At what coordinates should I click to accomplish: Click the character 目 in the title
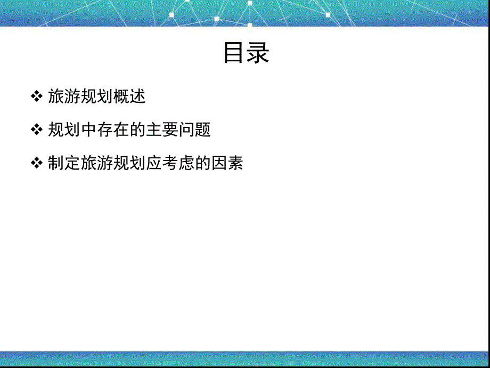(234, 53)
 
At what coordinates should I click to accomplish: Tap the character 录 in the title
(258, 53)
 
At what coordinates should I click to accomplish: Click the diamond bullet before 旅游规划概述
(36, 97)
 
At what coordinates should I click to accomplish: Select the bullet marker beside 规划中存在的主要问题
(36, 130)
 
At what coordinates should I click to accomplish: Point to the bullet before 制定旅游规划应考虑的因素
(36, 163)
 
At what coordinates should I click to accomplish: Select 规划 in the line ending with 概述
(96, 97)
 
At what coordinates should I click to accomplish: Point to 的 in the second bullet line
(137, 130)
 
